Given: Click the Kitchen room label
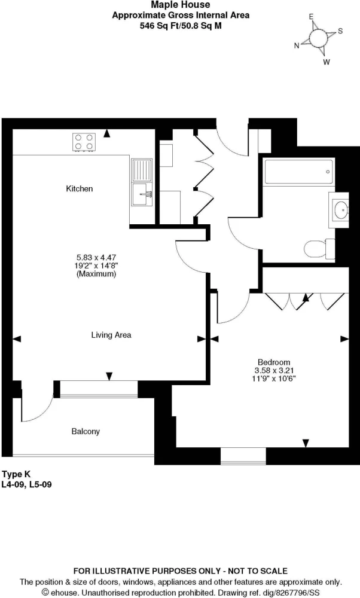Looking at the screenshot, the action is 80,188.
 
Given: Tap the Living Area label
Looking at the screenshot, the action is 111,335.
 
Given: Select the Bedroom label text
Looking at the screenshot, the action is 274,362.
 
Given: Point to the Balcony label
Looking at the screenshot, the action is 86,431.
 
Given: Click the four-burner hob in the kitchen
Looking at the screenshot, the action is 84,142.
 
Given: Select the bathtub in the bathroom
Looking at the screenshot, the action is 300,172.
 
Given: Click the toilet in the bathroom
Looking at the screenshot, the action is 319,249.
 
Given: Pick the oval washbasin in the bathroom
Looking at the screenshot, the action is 340,210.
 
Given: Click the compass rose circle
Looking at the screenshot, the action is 318,38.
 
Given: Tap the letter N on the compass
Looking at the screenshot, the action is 297,46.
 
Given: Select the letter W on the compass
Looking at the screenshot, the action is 327,62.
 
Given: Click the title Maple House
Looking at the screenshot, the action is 181,5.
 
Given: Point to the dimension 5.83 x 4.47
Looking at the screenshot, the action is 96,257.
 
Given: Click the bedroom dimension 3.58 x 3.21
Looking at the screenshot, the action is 274,370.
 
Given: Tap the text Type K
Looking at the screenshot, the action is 16,474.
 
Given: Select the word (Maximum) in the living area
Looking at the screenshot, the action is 96,274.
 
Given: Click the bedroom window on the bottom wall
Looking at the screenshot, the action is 243,456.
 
